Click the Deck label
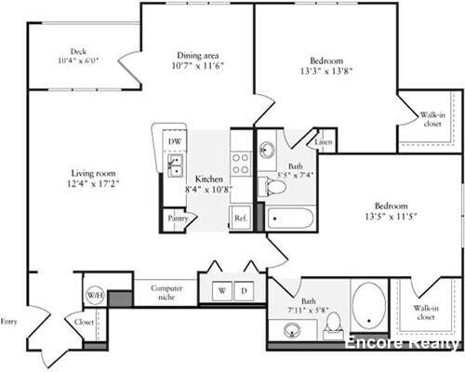click(78, 52)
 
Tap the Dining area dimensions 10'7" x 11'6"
click(198, 66)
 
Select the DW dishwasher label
click(174, 142)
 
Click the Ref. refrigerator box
click(240, 219)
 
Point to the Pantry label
click(178, 219)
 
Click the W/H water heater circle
click(95, 295)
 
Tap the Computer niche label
click(167, 294)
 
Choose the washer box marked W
click(221, 291)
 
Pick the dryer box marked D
click(244, 291)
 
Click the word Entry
click(9, 321)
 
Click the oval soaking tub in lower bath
click(367, 305)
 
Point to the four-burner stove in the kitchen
click(240, 164)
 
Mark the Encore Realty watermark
click(402, 342)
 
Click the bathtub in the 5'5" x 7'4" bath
click(291, 219)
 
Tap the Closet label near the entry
click(83, 324)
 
